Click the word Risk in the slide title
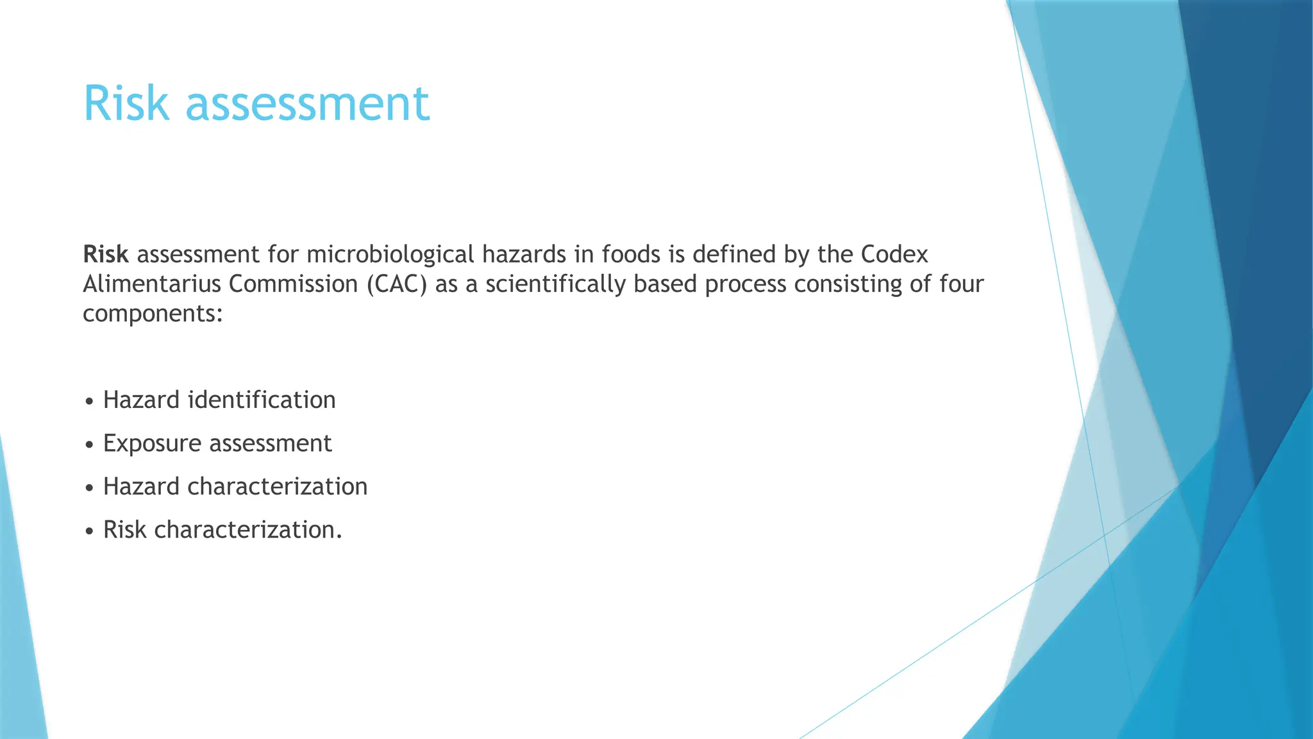pos(126,103)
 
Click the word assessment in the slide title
pos(308,105)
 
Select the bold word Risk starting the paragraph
pos(106,255)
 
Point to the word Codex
pos(894,255)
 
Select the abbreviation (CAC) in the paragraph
pos(397,284)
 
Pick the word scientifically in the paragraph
pos(555,284)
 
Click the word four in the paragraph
pos(962,284)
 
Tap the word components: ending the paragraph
pos(153,314)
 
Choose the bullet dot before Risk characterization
pos(89,531)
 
